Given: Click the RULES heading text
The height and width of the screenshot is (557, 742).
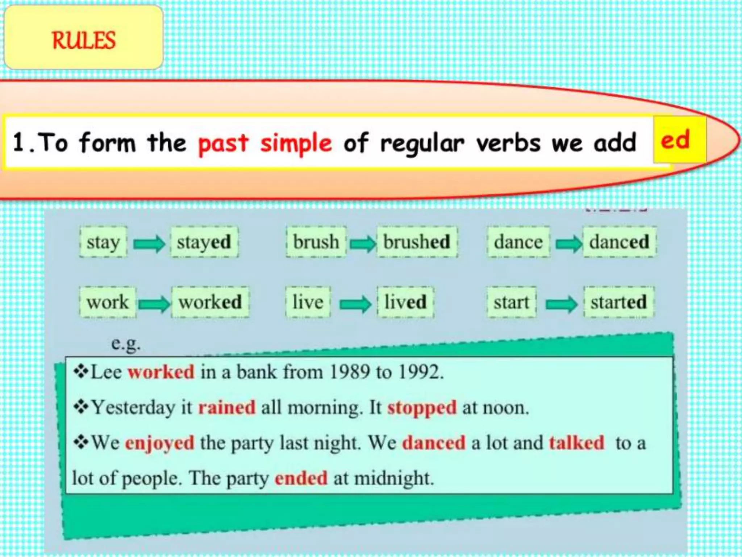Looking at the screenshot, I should [x=84, y=40].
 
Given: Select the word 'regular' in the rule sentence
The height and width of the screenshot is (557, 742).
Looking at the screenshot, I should [x=422, y=143].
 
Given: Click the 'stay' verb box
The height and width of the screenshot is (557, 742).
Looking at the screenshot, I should [x=103, y=242].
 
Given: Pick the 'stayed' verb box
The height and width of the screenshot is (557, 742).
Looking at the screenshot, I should [x=204, y=242].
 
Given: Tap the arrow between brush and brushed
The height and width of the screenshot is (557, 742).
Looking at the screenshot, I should [x=363, y=243].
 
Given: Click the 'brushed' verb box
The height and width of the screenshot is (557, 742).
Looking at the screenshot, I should [x=417, y=242].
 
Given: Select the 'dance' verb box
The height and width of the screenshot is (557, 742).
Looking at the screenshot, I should [x=518, y=242].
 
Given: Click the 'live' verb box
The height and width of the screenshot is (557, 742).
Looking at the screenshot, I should [x=308, y=302].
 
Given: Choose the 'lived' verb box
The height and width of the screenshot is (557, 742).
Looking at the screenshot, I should [x=405, y=302].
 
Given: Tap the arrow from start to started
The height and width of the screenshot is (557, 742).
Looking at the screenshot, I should [x=561, y=304].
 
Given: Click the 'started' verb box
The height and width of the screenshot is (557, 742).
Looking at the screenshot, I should [x=618, y=302].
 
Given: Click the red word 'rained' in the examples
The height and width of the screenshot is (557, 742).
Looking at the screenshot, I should [x=227, y=407].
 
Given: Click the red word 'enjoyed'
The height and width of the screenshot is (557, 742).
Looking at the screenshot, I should [x=160, y=443].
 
